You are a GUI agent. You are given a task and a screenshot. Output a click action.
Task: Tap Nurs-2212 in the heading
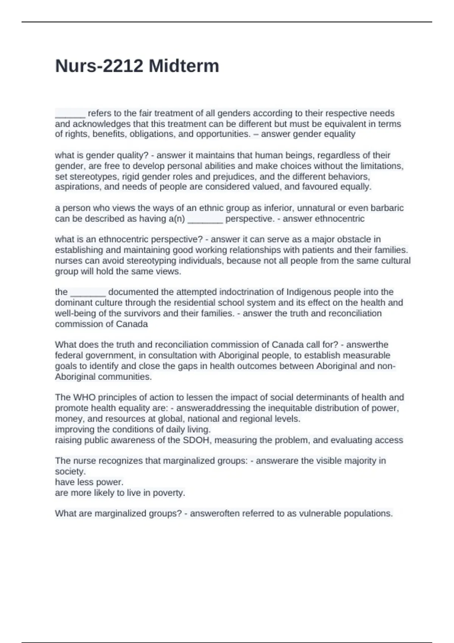(100, 66)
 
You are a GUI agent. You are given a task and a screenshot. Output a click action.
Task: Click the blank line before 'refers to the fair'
(70, 114)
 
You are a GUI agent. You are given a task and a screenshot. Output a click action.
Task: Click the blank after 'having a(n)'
(205, 219)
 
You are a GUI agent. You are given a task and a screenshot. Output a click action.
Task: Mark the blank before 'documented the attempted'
(88, 292)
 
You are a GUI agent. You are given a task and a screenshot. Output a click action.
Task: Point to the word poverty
(169, 493)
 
